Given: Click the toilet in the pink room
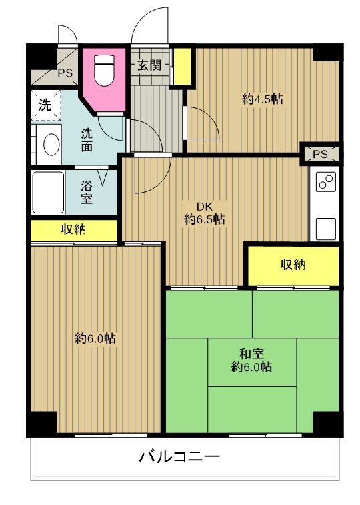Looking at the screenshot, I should pyautogui.click(x=103, y=71).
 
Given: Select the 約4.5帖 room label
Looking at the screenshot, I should pyautogui.click(x=262, y=99).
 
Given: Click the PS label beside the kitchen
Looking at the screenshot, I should pyautogui.click(x=320, y=154).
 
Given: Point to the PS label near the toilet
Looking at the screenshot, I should pyautogui.click(x=65, y=73).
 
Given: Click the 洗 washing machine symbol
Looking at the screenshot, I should pyautogui.click(x=44, y=105).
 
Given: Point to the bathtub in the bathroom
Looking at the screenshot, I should pyautogui.click(x=47, y=192).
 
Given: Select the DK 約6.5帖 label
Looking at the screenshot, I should pyautogui.click(x=204, y=213).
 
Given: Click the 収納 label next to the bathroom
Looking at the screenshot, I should pyautogui.click(x=73, y=230).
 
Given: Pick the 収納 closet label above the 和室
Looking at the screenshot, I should pyautogui.click(x=292, y=265).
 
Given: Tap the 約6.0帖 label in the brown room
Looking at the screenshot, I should pyautogui.click(x=95, y=338).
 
